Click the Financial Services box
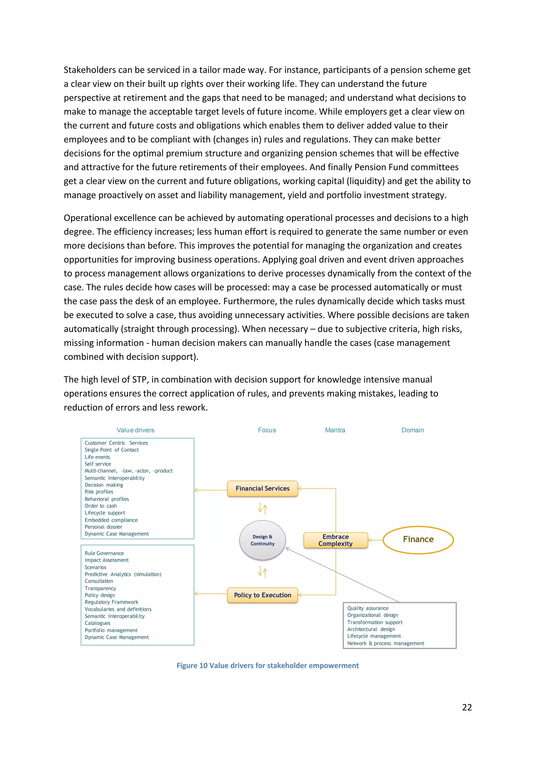point(263,489)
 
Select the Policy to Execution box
point(263,595)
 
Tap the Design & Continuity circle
point(263,540)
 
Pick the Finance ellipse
point(418,540)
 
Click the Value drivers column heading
point(135,430)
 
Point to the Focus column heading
point(267,430)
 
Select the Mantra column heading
point(335,430)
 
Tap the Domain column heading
point(412,430)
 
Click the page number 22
point(467,707)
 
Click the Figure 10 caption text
point(268,666)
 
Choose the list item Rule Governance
point(104,553)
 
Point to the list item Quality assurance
point(368,608)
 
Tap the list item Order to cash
point(101,506)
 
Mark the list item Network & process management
point(386,643)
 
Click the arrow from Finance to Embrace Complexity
point(376,540)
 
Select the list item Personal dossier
point(103,527)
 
